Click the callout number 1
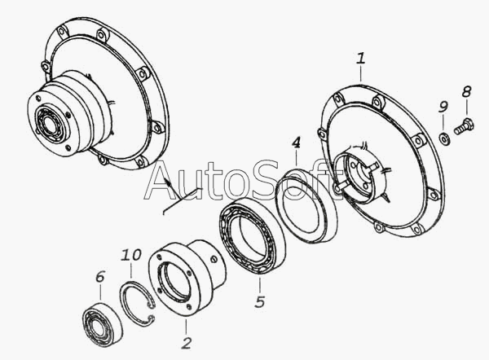[x=360, y=59]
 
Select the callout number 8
[x=466, y=92]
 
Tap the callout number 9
[x=443, y=107]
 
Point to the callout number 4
[x=297, y=143]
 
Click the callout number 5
[x=259, y=301]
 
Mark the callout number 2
[x=186, y=343]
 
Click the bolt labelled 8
[x=464, y=127]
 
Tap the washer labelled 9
[x=444, y=138]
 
